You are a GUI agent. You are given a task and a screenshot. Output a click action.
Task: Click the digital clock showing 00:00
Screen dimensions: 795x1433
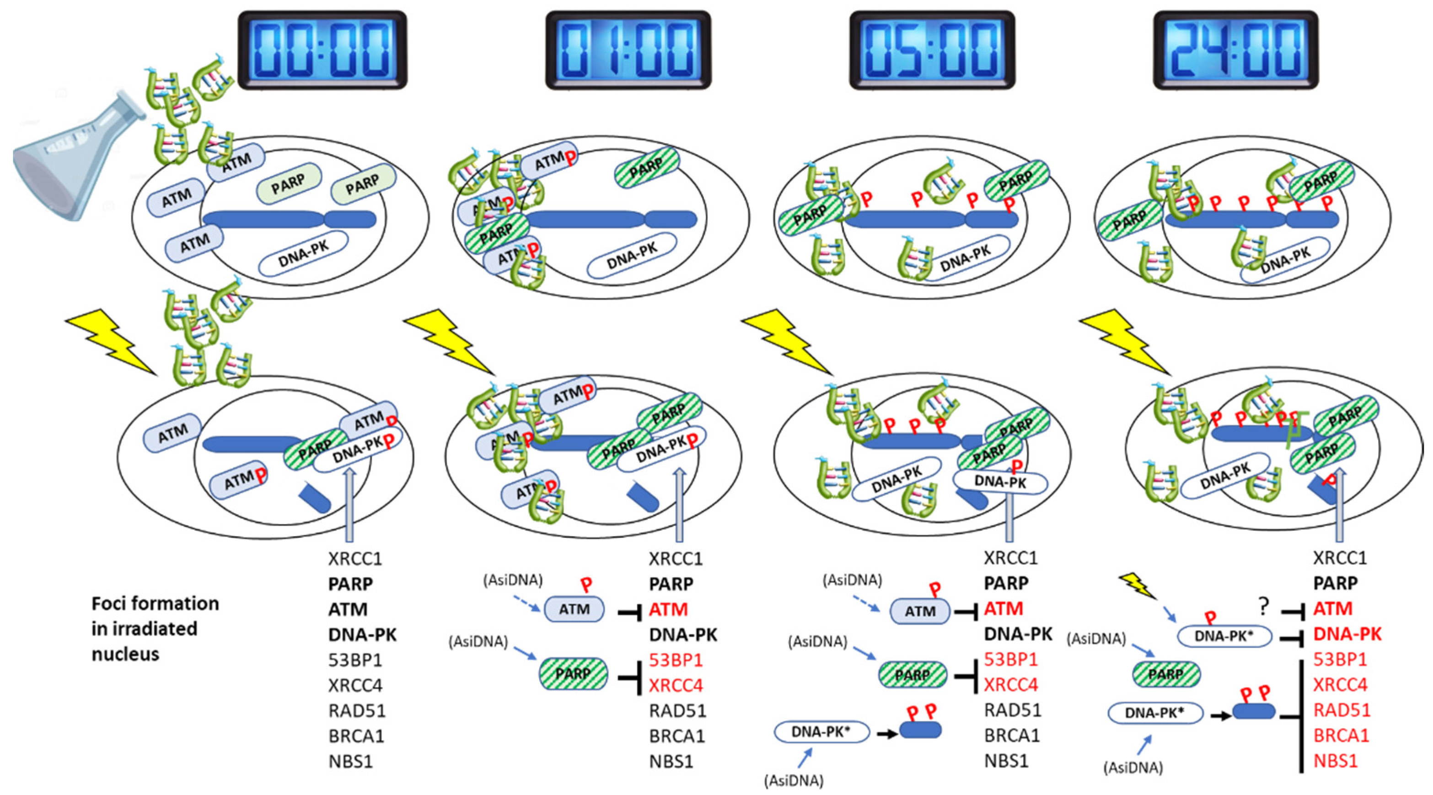point(322,50)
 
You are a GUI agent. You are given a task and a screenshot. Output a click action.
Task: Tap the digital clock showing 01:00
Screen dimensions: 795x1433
point(628,50)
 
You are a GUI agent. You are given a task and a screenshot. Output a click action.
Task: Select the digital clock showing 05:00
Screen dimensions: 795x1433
point(932,50)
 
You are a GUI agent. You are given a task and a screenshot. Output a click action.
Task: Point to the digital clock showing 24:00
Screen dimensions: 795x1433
point(1236,50)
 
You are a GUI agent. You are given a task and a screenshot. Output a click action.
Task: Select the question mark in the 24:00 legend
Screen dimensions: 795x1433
point(1263,607)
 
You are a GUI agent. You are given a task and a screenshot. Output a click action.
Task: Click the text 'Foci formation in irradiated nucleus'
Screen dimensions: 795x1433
point(155,628)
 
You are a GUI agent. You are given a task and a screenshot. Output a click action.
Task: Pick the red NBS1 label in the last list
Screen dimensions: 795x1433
point(1335,761)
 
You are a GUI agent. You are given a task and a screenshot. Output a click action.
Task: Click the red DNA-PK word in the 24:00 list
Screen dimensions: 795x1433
point(1347,634)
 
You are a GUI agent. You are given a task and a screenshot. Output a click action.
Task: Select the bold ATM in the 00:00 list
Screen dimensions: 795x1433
point(348,609)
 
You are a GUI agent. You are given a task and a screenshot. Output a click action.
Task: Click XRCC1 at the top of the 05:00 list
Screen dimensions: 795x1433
point(1011,558)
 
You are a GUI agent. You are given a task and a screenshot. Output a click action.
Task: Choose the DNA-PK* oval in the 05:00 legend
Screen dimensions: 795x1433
point(821,732)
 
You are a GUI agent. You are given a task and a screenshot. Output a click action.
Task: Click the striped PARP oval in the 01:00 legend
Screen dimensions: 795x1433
point(574,674)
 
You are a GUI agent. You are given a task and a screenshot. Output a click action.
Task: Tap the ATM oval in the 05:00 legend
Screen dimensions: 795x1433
point(920,612)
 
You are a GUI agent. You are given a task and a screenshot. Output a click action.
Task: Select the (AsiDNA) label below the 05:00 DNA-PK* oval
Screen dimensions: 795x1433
point(794,780)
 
